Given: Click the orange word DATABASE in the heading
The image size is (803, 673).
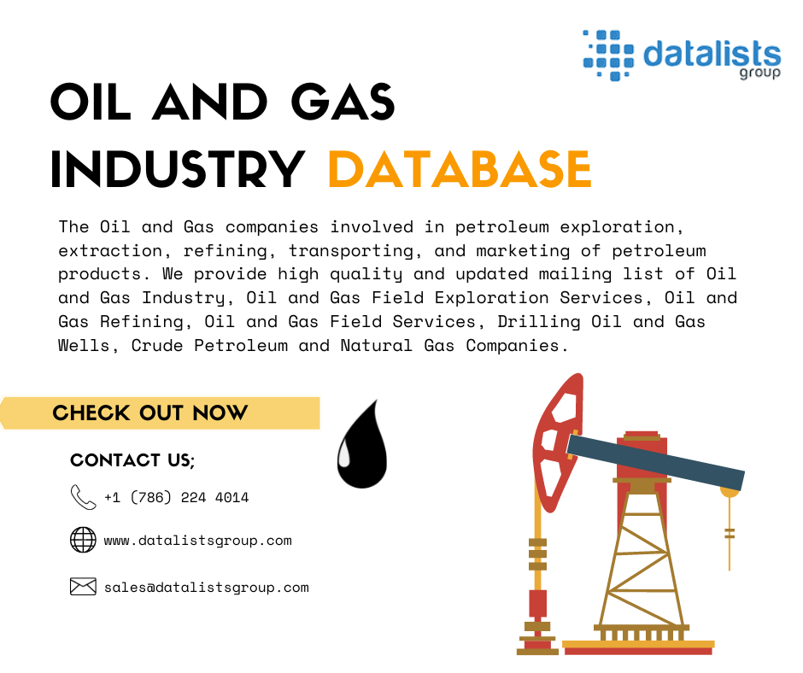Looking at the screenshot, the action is tap(460, 169).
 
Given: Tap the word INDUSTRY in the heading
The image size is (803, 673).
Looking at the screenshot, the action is tap(178, 169).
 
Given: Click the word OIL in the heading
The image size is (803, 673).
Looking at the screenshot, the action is tap(91, 102).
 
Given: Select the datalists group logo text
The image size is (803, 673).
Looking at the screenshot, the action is tap(712, 56).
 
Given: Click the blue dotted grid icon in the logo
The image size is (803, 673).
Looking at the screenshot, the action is tap(608, 55).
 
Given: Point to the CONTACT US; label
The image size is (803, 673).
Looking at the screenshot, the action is tap(132, 460).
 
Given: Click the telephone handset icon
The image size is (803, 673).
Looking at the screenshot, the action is tap(83, 497).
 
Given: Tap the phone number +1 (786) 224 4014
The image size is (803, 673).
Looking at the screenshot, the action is tap(176, 497).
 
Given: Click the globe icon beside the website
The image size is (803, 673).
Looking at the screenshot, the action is tap(83, 540).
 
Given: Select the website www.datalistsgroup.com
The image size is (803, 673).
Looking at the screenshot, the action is tap(197, 541).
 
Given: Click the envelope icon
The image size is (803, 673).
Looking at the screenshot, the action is tap(83, 587).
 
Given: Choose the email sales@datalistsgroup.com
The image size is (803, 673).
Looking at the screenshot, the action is tap(207, 588).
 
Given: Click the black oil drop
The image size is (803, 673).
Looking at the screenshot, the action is tap(362, 451).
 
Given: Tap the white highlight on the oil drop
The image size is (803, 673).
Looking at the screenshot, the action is tap(344, 455).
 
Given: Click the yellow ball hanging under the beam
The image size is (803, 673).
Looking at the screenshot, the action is tap(730, 492).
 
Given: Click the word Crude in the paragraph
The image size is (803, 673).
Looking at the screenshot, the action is tap(156, 346).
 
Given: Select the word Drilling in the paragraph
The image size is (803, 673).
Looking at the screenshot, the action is tap(539, 322).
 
